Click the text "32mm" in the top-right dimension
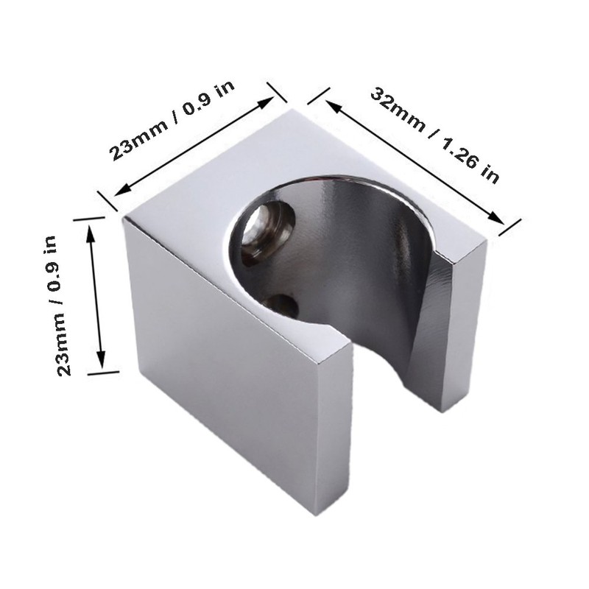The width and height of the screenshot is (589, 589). pos(398,109)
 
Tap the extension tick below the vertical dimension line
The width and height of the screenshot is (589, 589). pos(103,373)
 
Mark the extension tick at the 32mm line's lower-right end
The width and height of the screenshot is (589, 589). pos(510,227)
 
